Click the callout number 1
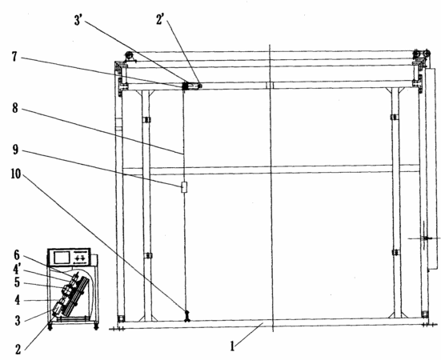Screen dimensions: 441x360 click(x=232, y=346)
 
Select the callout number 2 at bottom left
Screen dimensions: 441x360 click(x=18, y=350)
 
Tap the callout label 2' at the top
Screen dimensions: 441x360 click(x=160, y=20)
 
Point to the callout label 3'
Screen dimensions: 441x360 click(x=78, y=20)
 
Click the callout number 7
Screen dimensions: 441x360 click(x=14, y=57)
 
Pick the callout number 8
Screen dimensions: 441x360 click(x=15, y=108)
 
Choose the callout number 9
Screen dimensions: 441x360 click(x=15, y=150)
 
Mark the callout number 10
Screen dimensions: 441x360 click(x=16, y=174)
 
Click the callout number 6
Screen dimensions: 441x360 click(x=17, y=255)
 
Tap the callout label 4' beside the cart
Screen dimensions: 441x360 click(x=17, y=270)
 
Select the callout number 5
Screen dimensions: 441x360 click(x=17, y=282)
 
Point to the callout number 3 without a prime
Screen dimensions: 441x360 click(x=18, y=320)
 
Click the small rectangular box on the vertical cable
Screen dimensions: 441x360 click(x=184, y=187)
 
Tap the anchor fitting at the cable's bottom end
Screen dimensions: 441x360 click(x=187, y=316)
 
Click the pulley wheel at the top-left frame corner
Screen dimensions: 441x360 click(x=130, y=56)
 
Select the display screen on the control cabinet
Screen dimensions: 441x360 click(x=62, y=258)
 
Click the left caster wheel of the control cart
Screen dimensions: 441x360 click(x=50, y=327)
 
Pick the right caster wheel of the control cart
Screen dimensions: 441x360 click(x=96, y=327)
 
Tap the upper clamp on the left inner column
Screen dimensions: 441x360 click(x=146, y=120)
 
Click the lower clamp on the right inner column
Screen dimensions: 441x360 click(x=395, y=252)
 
